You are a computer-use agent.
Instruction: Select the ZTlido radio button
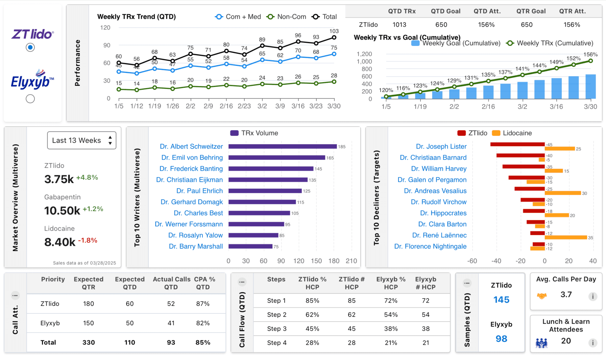point(30,47)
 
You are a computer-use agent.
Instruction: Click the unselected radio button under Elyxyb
point(30,99)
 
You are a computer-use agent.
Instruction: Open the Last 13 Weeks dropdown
point(81,140)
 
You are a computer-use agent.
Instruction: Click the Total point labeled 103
point(334,37)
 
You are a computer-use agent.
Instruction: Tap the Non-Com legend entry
point(286,17)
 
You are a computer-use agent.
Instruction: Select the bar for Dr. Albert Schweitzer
point(283,147)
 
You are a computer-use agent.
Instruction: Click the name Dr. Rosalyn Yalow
point(195,235)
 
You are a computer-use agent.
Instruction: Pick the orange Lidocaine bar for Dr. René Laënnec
point(566,237)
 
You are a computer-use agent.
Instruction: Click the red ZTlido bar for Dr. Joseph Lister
point(517,144)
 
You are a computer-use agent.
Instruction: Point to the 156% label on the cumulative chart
point(590,55)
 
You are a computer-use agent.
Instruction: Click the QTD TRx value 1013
point(399,25)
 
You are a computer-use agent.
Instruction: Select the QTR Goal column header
point(531,11)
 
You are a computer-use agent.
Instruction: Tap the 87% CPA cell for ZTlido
point(203,304)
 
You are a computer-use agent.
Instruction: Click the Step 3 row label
point(277,329)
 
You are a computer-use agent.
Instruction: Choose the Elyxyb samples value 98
point(501,339)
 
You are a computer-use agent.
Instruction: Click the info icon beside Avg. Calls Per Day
point(592,297)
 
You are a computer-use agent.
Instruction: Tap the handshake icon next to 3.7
point(542,296)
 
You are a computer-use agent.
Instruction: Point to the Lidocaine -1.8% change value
point(88,240)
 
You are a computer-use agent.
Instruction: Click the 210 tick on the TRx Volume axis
point(352,261)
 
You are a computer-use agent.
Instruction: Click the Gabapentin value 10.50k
point(62,211)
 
